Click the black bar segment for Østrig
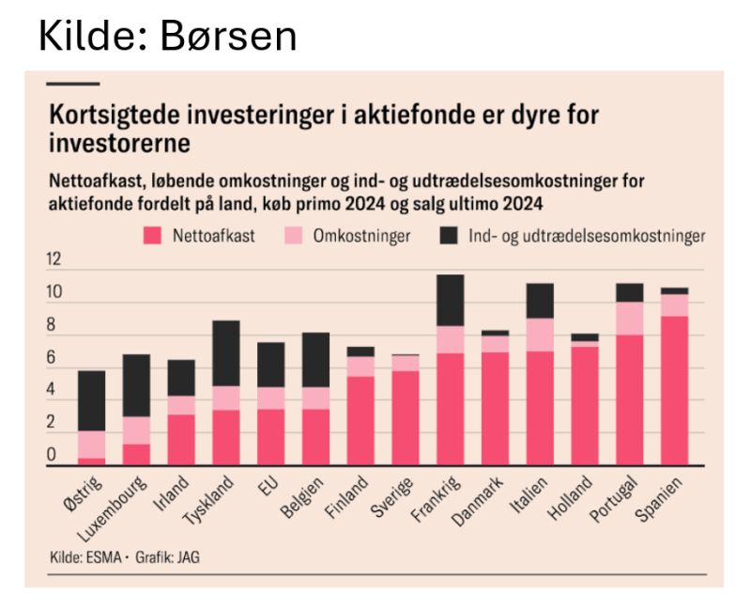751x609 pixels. tap(91, 400)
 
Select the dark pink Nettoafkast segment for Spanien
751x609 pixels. tap(674, 390)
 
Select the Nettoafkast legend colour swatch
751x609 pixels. tap(150, 236)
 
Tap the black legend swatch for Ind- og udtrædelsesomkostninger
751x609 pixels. tap(446, 236)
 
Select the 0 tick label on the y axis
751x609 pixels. tap(54, 456)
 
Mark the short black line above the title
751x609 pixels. tap(71, 84)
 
